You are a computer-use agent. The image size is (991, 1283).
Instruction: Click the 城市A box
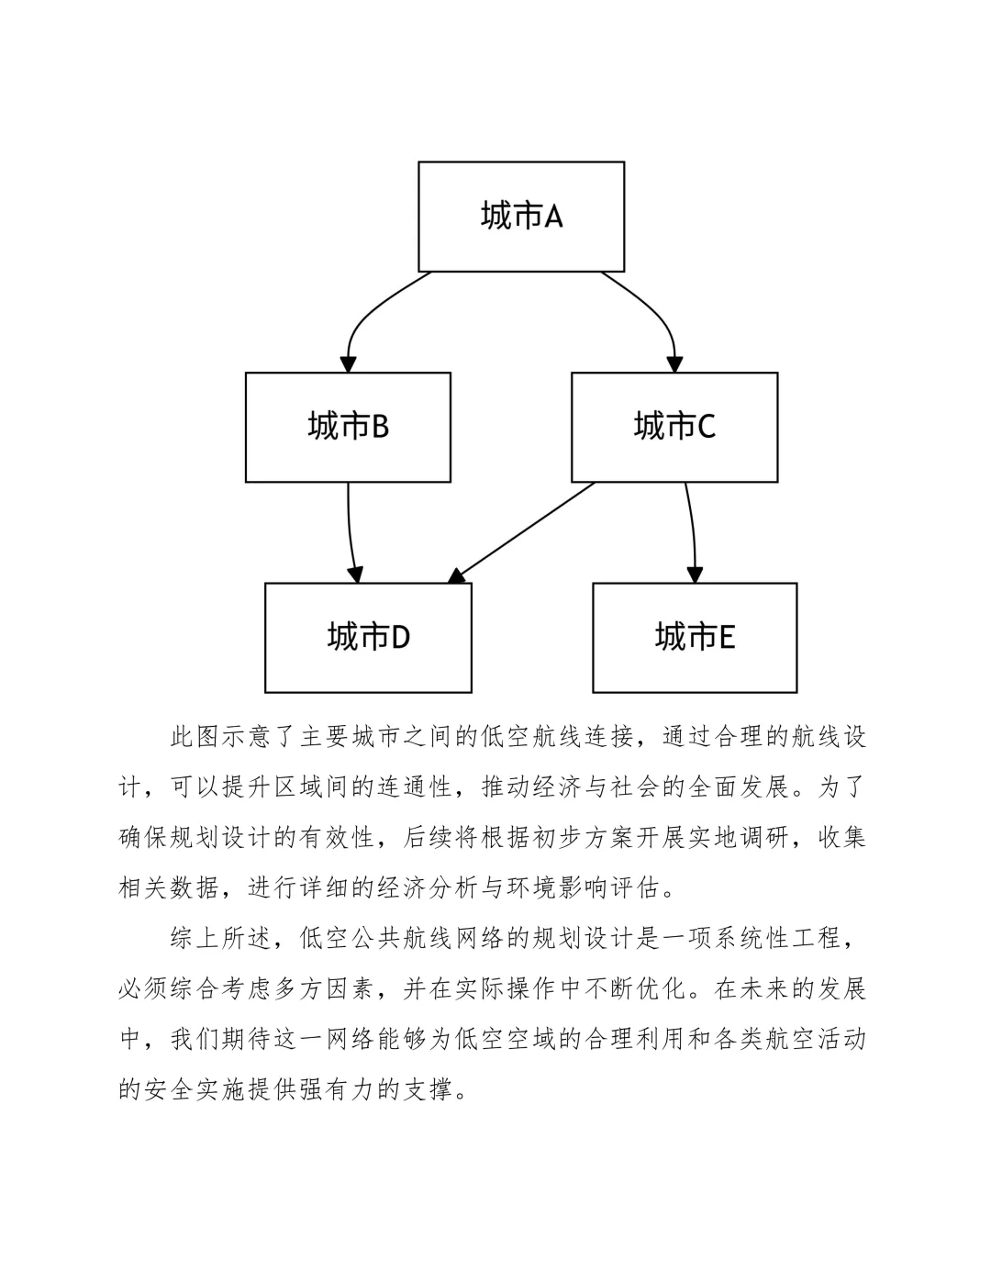pos(521,217)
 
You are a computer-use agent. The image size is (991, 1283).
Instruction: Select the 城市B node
pos(348,427)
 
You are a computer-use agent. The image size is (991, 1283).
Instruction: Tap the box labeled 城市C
pos(674,427)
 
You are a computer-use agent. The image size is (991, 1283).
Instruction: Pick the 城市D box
pos(368,637)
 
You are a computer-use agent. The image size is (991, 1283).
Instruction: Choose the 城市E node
pos(695,637)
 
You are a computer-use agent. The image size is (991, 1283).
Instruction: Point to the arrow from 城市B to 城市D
pos(350,532)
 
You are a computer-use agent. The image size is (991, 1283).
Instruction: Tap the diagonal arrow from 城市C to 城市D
pos(523,532)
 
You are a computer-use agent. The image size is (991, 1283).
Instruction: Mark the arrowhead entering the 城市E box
pos(695,574)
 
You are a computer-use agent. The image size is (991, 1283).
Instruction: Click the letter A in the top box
pos(553,217)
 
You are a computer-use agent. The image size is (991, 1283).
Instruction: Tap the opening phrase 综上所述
pos(221,938)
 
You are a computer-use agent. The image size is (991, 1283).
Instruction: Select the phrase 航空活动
pos(815,1039)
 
